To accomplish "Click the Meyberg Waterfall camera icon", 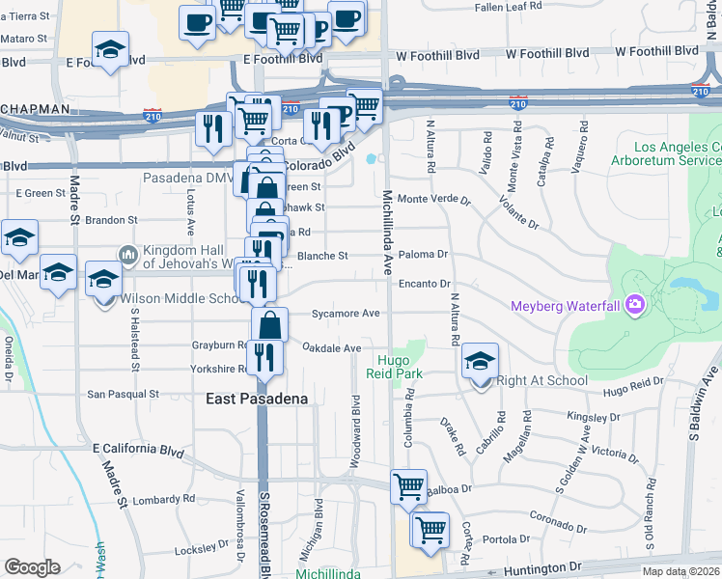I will click(x=634, y=306).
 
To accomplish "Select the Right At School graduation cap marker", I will click(x=480, y=362).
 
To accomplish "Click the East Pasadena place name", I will click(x=257, y=399).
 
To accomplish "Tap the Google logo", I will click(x=32, y=567).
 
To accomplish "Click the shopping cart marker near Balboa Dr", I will click(x=408, y=485).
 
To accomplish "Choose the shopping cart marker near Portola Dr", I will click(x=430, y=528).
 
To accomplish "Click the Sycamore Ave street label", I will click(x=346, y=314).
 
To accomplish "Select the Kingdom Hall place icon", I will click(x=127, y=255).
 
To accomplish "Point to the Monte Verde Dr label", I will click(x=433, y=200).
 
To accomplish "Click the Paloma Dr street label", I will click(x=424, y=255).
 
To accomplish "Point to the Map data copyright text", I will click(x=681, y=571).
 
